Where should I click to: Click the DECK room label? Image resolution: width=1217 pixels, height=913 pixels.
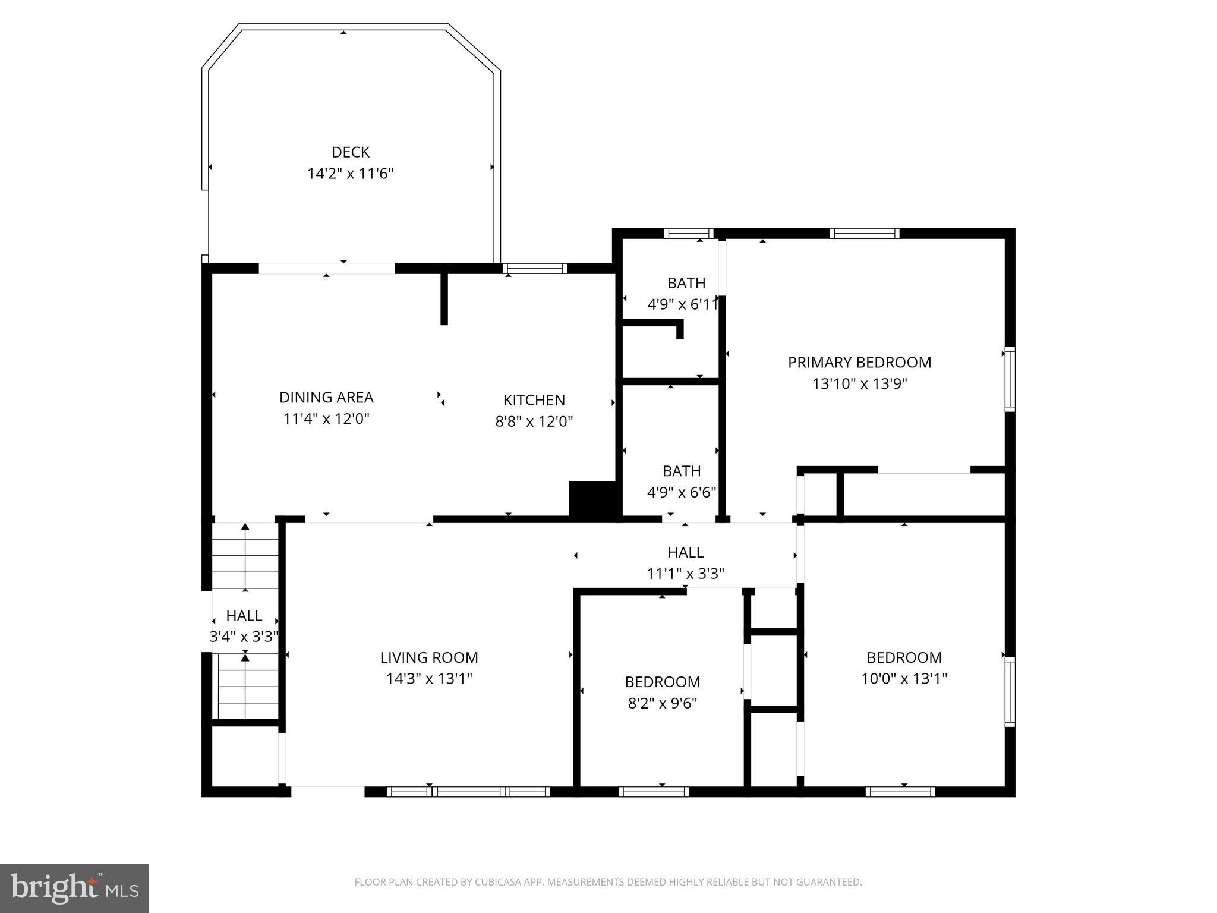click(351, 152)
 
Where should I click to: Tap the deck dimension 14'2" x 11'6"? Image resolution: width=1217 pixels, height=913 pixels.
click(351, 174)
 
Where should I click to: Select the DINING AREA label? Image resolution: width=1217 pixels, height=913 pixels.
click(326, 397)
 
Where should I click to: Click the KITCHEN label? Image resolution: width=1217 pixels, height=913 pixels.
click(534, 400)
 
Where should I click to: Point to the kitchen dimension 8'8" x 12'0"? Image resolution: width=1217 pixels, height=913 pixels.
click(534, 421)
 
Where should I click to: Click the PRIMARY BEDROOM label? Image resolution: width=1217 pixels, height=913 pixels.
click(859, 362)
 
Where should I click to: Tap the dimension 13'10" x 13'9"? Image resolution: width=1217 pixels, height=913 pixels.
click(859, 383)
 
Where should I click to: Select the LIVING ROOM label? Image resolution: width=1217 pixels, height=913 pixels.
click(429, 657)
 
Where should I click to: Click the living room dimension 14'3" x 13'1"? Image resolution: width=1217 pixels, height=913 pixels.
click(429, 678)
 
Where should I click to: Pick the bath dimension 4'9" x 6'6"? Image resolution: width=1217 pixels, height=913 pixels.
click(681, 492)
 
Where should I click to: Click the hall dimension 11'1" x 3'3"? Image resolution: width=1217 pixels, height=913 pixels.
click(685, 574)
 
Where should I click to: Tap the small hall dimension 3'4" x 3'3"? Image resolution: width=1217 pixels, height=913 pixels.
click(244, 637)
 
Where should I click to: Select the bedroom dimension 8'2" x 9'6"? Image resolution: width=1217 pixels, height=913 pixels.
click(662, 703)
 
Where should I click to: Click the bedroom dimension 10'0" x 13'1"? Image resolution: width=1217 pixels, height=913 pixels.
click(904, 678)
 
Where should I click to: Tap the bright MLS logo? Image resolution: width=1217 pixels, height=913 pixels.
click(74, 888)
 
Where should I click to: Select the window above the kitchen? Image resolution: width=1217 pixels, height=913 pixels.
click(535, 269)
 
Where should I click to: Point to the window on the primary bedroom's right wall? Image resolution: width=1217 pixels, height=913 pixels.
click(1010, 379)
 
